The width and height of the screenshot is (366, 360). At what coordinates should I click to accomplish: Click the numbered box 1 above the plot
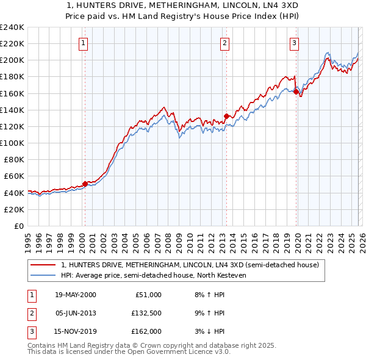click(x=82, y=43)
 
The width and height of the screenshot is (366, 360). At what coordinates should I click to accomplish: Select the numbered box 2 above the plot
click(x=224, y=43)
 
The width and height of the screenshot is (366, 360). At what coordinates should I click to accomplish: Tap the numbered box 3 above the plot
click(x=294, y=43)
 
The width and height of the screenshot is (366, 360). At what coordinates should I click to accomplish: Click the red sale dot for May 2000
click(x=85, y=183)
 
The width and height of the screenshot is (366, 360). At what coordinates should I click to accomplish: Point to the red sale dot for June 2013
click(x=226, y=116)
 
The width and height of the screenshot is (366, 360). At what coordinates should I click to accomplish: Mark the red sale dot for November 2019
click(x=296, y=92)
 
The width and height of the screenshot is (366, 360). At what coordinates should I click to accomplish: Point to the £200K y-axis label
click(x=12, y=60)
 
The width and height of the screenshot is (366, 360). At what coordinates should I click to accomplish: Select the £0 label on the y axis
click(x=18, y=226)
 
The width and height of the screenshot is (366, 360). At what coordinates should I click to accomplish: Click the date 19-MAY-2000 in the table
click(x=75, y=295)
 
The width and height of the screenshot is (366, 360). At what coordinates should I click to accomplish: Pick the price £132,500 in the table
click(x=146, y=314)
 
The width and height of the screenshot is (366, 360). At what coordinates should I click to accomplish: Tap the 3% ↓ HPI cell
click(x=212, y=333)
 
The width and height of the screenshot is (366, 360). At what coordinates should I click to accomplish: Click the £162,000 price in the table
click(x=146, y=333)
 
